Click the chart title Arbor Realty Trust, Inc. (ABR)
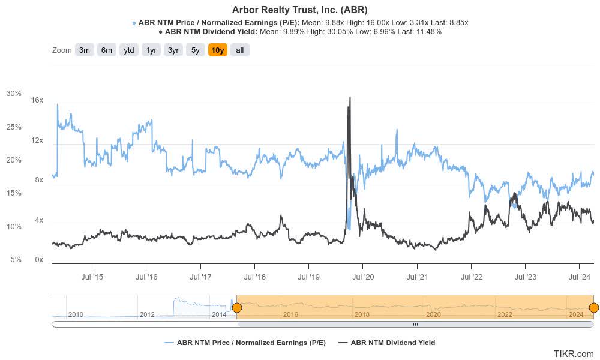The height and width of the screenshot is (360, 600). click(299, 10)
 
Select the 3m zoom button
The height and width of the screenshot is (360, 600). click(85, 50)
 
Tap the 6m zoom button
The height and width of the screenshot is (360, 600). click(107, 50)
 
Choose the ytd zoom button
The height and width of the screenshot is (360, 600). click(129, 50)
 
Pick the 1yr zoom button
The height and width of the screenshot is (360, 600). click(151, 50)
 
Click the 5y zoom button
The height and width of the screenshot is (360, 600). click(196, 50)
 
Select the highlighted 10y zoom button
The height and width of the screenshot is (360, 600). click(218, 50)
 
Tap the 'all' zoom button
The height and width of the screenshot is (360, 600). click(240, 50)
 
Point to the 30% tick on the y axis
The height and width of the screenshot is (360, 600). click(14, 94)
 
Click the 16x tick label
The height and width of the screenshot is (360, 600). click(37, 100)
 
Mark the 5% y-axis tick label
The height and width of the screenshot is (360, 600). click(16, 260)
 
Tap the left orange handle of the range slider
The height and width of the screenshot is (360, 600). click(237, 308)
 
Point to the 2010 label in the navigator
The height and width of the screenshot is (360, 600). click(76, 314)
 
